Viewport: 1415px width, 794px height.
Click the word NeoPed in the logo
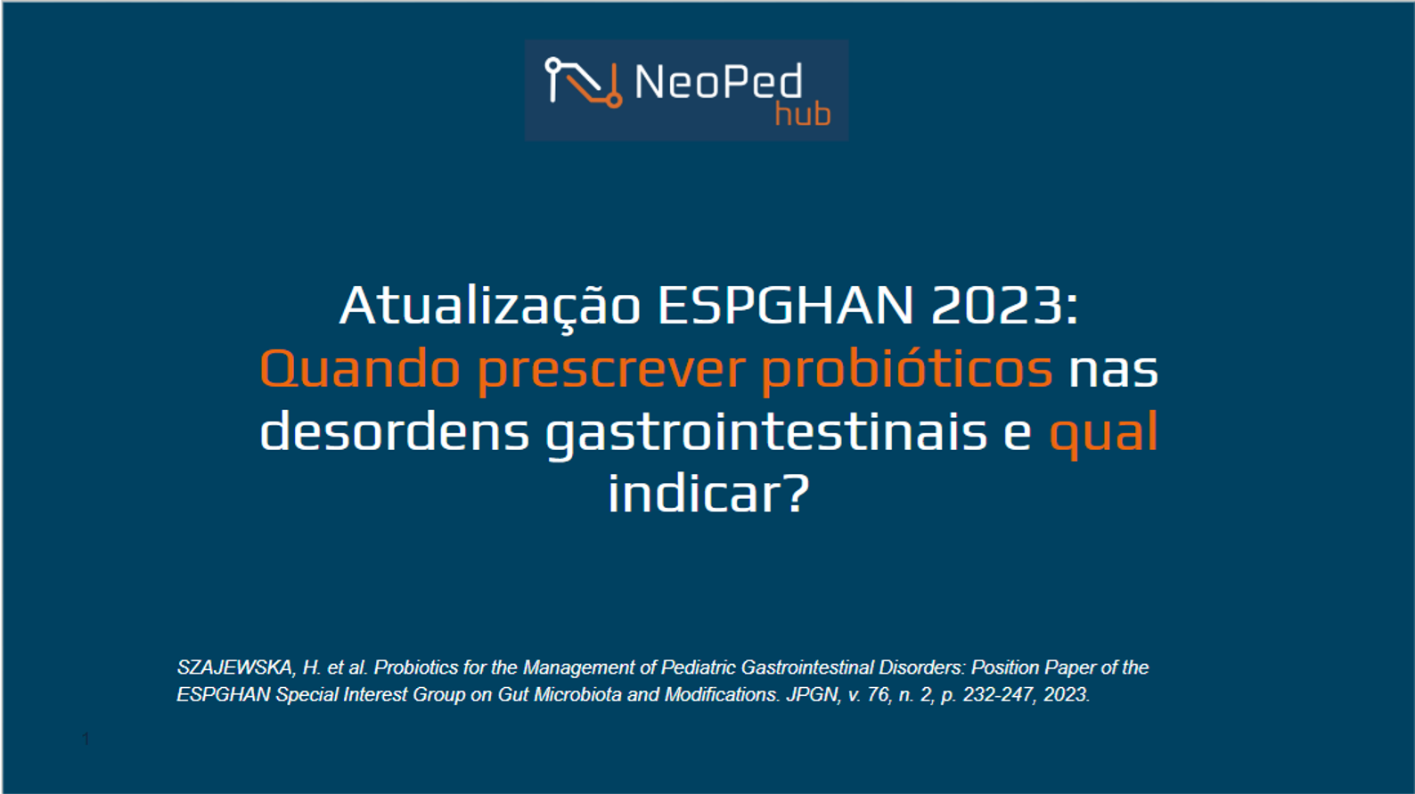click(719, 81)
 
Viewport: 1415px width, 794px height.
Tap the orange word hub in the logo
click(803, 114)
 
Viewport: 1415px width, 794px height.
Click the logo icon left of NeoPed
click(584, 83)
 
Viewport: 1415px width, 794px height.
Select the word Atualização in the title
click(490, 307)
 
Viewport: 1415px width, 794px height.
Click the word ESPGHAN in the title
click(785, 306)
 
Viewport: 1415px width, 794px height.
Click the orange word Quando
click(360, 369)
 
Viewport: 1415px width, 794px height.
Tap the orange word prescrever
click(611, 372)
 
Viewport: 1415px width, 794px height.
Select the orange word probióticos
click(907, 372)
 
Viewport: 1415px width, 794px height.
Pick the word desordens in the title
click(395, 430)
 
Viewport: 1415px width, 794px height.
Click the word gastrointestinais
click(766, 434)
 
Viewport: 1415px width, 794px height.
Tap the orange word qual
click(1103, 434)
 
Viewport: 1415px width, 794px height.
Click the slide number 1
click(86, 739)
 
